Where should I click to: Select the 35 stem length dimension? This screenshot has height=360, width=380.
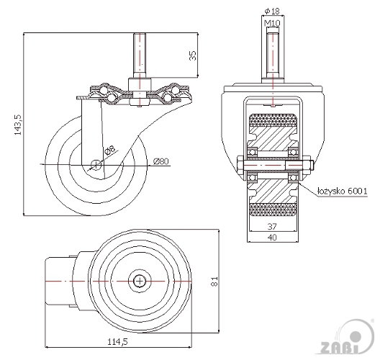coord(193,55)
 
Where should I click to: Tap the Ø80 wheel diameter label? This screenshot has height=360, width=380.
coord(161,161)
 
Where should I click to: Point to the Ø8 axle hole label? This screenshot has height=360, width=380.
coord(109,150)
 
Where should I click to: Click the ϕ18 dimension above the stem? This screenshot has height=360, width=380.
coord(272,11)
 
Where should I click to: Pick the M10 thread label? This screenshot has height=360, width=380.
coord(272,23)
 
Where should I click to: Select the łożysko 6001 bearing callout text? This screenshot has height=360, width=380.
coord(342,191)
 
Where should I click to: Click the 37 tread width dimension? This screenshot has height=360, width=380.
coord(272,226)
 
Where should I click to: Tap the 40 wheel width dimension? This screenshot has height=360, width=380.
coord(272,238)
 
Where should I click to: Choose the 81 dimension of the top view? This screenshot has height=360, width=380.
coord(214,282)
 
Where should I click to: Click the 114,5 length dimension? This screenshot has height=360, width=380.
coord(117,341)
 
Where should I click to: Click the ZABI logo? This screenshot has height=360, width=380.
coord(346,338)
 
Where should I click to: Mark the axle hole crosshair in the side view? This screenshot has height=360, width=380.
coord(96,165)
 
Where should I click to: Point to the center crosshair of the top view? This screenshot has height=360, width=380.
coord(140,282)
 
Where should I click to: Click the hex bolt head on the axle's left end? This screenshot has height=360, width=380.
coord(240,166)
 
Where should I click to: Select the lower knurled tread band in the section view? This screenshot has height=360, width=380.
coord(273,210)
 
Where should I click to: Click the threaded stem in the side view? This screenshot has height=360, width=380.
coord(140,55)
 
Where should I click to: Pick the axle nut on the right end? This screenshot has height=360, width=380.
coord(307,166)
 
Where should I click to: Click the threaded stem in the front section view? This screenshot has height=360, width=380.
coord(273,55)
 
